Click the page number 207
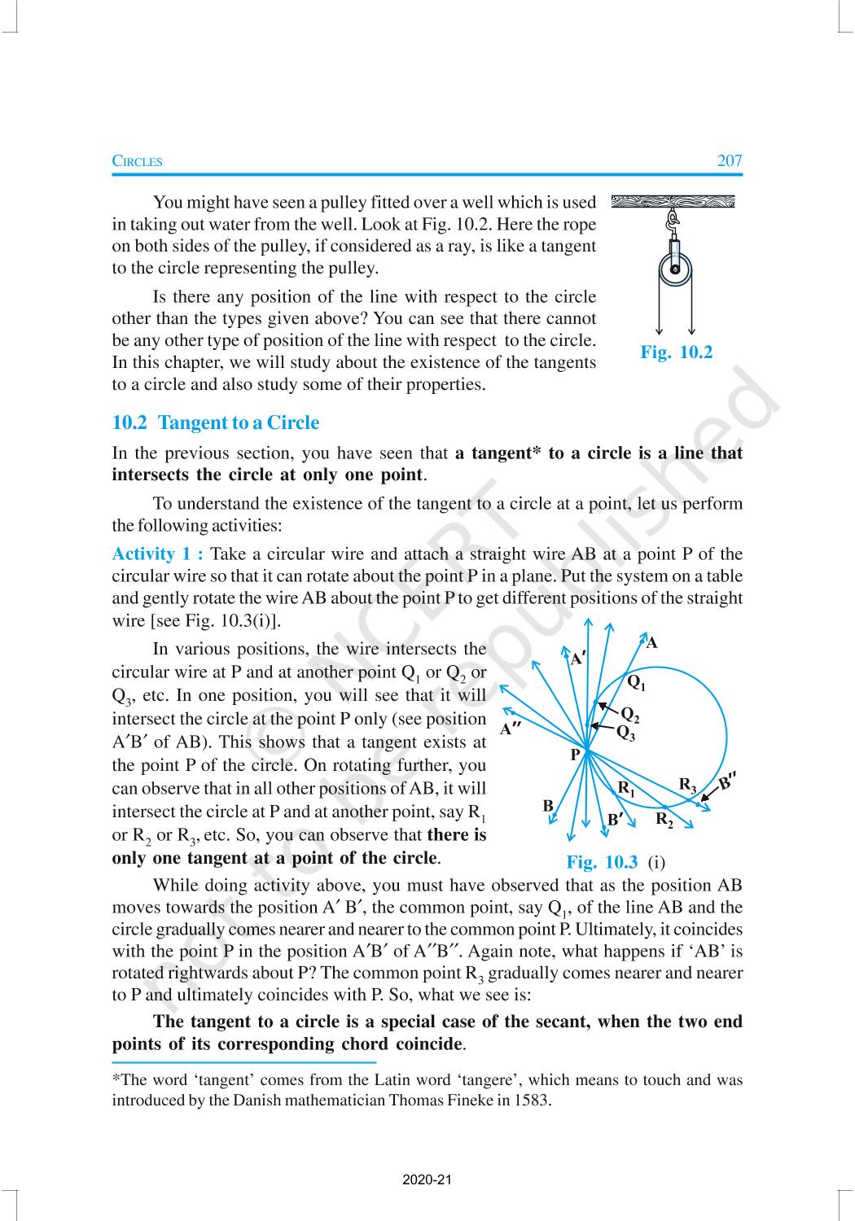click(x=730, y=160)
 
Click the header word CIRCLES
click(x=137, y=161)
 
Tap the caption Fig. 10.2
click(x=676, y=352)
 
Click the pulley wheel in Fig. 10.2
click(x=675, y=269)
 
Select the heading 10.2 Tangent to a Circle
click(x=215, y=422)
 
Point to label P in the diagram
click(x=575, y=755)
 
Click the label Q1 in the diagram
click(x=636, y=681)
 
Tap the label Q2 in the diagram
click(x=629, y=716)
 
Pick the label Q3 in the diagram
click(x=625, y=733)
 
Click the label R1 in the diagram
click(x=625, y=787)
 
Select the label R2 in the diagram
click(x=664, y=818)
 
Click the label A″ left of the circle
click(x=511, y=729)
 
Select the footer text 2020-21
click(x=427, y=1179)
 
